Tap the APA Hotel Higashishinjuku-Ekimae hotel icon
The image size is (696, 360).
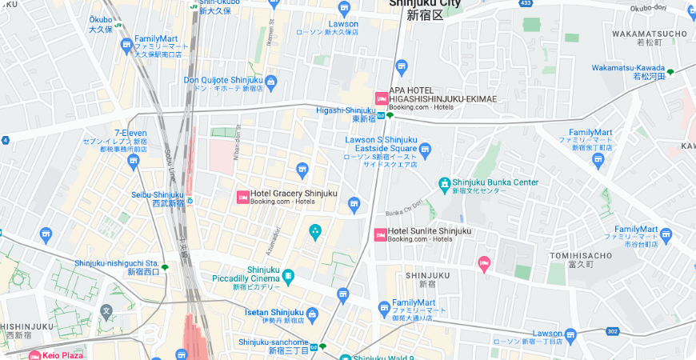382,98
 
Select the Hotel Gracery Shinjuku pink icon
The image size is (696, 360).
242,197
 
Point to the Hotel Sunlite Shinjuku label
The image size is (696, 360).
429,232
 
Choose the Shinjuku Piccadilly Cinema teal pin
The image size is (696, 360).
288,277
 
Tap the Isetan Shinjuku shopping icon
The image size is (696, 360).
312,314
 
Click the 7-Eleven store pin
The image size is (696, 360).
133,162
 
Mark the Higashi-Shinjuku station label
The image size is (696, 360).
346,110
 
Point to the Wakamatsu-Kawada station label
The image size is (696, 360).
628,68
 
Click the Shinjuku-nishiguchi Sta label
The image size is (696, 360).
116,263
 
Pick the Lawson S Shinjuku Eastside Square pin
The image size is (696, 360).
426,149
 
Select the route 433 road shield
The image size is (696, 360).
525,3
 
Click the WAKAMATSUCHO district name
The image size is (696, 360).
649,34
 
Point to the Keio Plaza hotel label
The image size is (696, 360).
61,354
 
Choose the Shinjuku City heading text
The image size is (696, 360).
425,3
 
